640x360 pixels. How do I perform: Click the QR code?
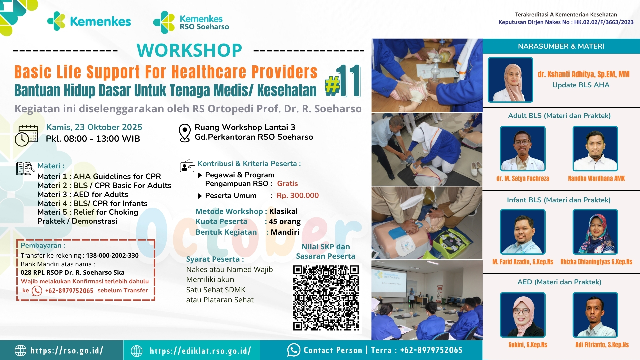(326, 298)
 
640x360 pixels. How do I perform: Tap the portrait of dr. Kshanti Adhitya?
(510, 80)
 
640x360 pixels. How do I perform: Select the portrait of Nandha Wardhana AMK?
(595, 149)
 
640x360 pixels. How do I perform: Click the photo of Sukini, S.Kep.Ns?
(523, 315)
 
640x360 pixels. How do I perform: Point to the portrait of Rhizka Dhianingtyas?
(595, 232)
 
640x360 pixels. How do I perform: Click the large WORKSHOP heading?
(189, 50)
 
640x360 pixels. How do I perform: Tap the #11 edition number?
(343, 81)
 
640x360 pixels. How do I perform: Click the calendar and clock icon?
(26, 135)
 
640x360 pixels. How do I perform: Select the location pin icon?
(184, 133)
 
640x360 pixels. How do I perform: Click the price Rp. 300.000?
(297, 196)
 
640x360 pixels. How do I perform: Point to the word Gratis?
(287, 184)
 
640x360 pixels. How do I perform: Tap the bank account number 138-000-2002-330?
(112, 256)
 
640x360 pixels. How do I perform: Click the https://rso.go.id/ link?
(67, 350)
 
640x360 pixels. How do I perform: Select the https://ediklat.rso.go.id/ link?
(200, 351)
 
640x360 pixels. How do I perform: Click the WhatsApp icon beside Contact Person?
(294, 350)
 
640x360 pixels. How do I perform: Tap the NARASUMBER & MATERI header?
(561, 46)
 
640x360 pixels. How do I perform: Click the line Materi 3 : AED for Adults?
(83, 194)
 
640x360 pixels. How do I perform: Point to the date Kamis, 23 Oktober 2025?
(94, 127)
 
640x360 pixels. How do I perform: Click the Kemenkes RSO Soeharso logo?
(191, 22)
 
